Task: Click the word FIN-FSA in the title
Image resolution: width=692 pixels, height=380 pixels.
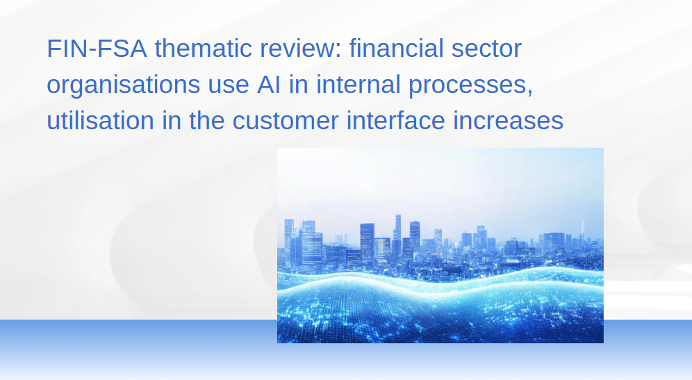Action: (x=97, y=48)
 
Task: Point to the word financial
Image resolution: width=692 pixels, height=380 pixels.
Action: (x=396, y=48)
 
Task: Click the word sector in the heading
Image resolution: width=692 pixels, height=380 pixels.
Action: (x=486, y=49)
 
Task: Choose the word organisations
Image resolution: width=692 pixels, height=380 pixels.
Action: (x=123, y=85)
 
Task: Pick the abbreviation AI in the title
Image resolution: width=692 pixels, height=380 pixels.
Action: (x=269, y=84)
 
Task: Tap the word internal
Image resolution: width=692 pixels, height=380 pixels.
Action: (x=359, y=84)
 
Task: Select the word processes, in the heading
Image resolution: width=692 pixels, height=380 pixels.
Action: (x=471, y=85)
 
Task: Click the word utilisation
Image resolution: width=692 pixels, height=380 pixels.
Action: (x=100, y=120)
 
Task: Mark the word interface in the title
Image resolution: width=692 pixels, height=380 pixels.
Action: (x=395, y=120)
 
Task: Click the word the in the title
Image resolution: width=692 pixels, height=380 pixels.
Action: (x=206, y=120)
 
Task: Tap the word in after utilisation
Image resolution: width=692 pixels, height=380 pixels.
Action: (x=171, y=120)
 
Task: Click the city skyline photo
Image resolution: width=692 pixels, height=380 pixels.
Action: (x=440, y=245)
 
